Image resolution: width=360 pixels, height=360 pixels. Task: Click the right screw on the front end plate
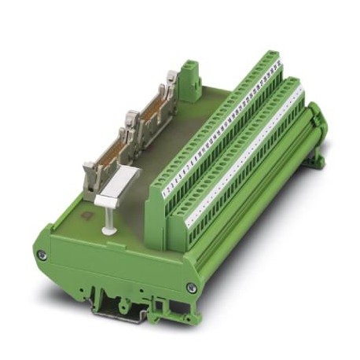coord(191,288)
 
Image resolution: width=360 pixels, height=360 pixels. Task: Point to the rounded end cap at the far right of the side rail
coord(318,118)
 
